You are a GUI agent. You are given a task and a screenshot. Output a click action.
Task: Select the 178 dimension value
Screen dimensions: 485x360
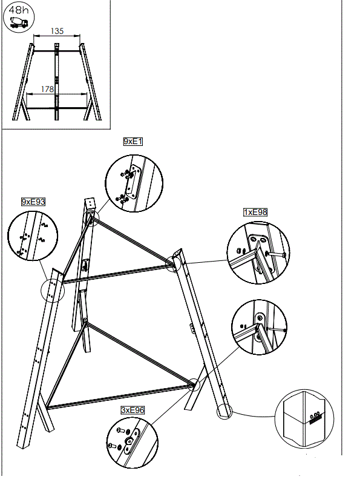coord(48,89)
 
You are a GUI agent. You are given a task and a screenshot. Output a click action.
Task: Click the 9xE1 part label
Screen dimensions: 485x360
coord(133,141)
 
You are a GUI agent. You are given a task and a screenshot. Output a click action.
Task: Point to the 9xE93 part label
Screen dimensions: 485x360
coord(33,201)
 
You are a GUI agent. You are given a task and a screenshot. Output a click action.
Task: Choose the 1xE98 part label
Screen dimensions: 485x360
coord(255,212)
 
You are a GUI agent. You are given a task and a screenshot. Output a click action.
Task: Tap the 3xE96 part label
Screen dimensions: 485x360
coord(132,410)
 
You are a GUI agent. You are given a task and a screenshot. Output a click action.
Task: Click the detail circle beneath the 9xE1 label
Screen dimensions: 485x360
coord(134,181)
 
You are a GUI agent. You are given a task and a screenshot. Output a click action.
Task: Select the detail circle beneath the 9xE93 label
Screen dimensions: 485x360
coord(33,239)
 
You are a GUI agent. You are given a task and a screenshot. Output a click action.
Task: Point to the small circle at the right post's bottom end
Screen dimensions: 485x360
coord(224,411)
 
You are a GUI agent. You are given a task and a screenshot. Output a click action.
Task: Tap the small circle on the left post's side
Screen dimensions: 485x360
coord(52,291)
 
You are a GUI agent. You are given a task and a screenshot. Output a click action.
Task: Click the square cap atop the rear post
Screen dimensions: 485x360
coord(90,203)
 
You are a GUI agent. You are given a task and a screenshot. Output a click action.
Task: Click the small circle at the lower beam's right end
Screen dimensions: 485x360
coord(193,384)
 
